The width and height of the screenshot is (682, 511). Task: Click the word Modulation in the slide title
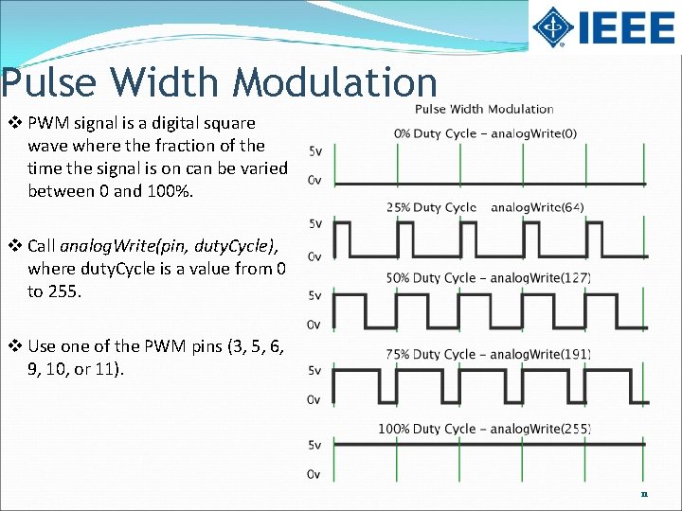click(336, 83)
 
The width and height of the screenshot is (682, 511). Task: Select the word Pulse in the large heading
click(49, 83)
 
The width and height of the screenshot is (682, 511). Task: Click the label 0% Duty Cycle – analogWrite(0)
click(485, 133)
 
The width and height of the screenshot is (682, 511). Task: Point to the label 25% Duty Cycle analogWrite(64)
click(485, 206)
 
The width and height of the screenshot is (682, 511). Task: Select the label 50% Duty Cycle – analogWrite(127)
click(488, 278)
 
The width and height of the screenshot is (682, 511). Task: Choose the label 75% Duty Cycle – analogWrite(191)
click(488, 354)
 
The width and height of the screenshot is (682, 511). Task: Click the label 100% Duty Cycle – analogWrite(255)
click(484, 429)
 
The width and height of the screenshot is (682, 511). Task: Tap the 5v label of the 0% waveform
click(315, 151)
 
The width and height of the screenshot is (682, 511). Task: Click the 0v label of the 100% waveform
click(314, 474)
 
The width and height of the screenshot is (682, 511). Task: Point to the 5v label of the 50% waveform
click(314, 295)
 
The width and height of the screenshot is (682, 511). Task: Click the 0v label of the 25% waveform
click(314, 255)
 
